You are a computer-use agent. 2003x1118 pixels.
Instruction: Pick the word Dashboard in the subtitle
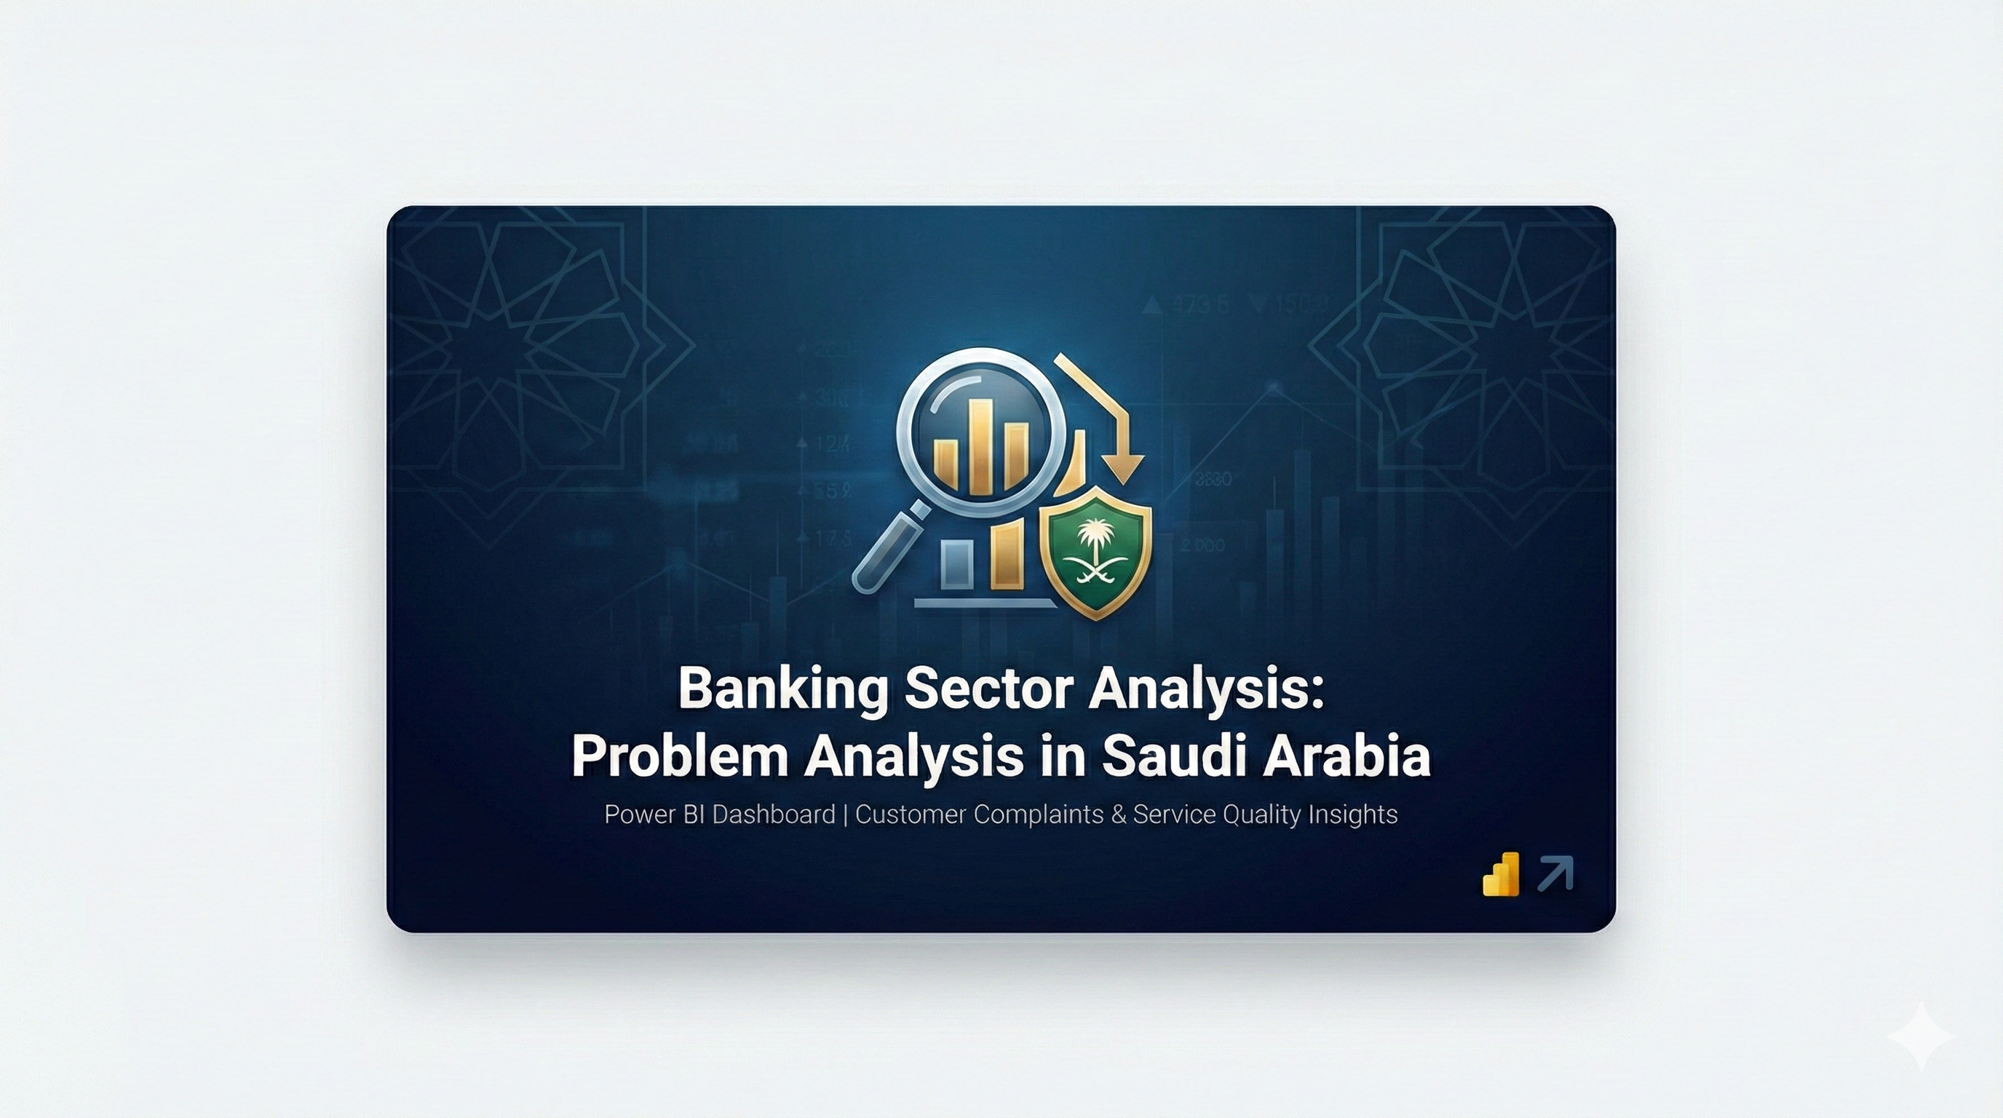(773, 814)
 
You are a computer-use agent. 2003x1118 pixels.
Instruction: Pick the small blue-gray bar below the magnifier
(956, 563)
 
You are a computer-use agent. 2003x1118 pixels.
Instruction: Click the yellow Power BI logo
(1502, 875)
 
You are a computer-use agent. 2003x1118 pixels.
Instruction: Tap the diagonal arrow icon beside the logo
(1556, 873)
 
